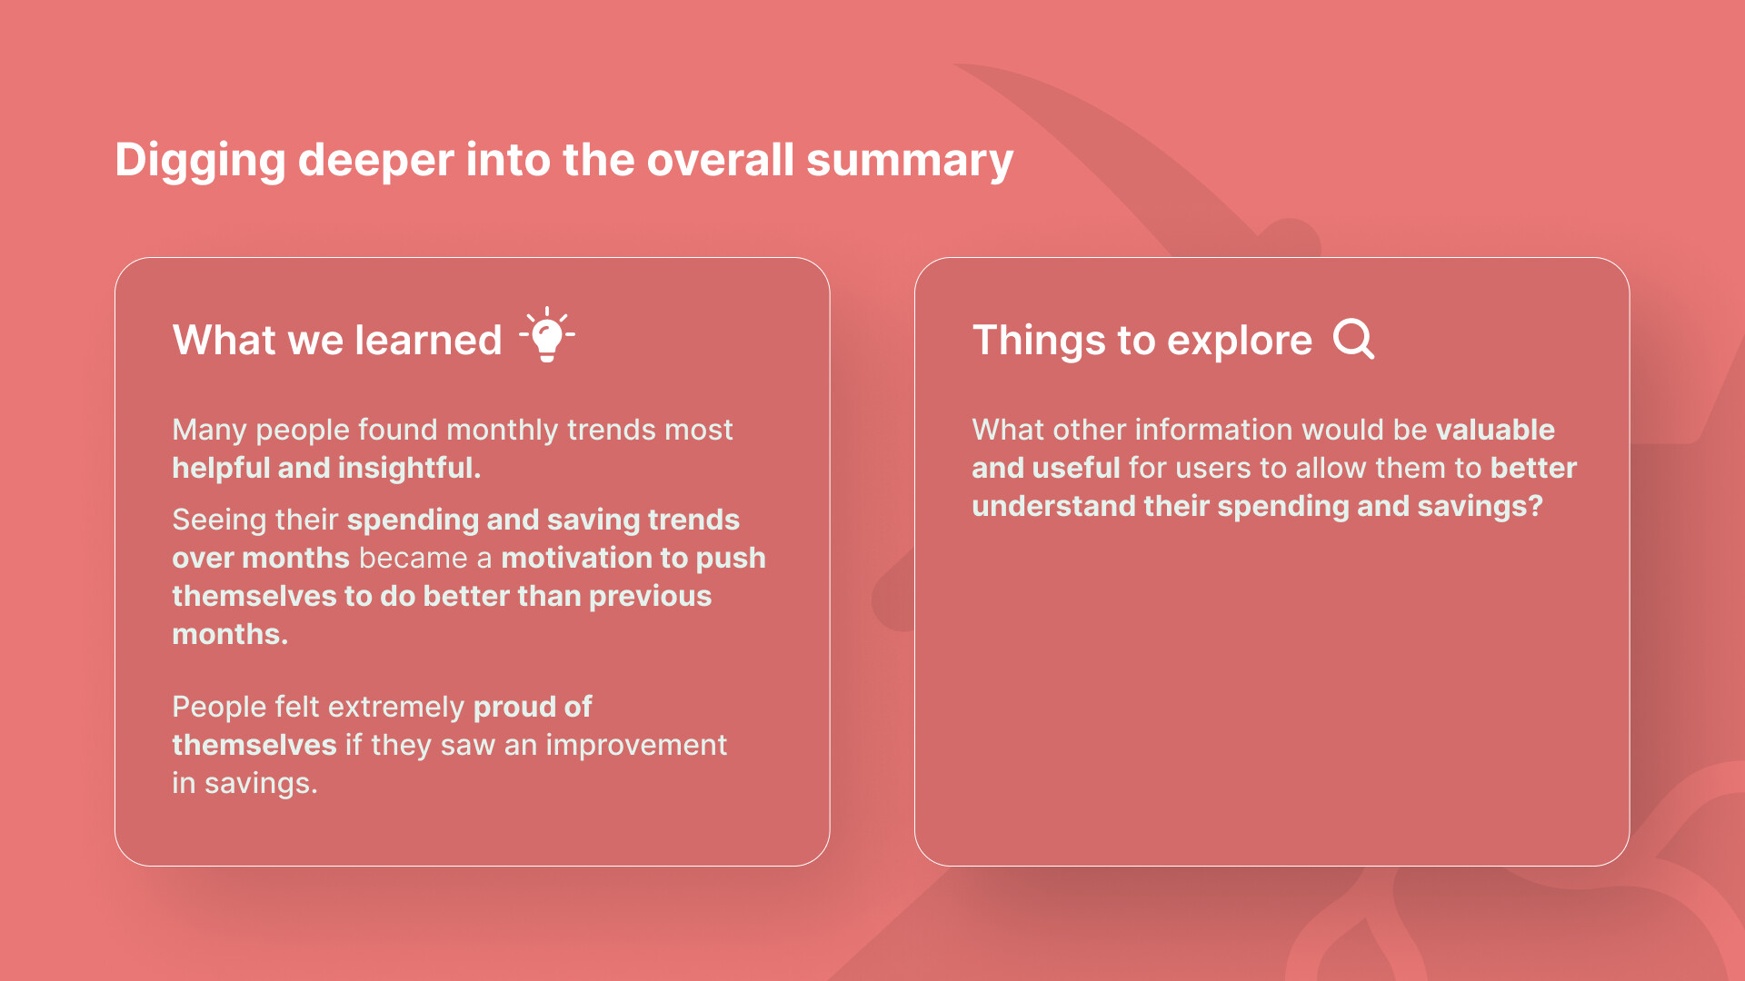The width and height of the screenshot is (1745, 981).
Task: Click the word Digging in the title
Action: coord(200,162)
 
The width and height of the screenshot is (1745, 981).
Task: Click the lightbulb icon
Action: coord(547,334)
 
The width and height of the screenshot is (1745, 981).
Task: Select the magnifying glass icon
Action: coord(1354,340)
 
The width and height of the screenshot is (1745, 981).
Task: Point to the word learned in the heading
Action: coord(428,341)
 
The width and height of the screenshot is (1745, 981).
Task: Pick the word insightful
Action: coord(409,469)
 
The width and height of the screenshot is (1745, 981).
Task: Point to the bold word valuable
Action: coord(1495,430)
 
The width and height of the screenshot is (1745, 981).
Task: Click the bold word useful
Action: coord(1076,468)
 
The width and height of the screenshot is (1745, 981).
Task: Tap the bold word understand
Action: coord(1053,506)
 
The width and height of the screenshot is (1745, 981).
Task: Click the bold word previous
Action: coord(650,597)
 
